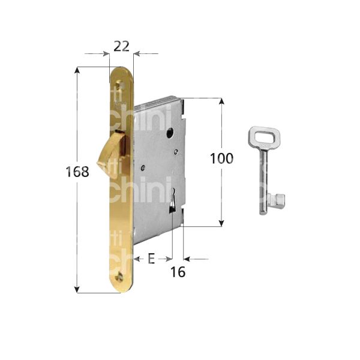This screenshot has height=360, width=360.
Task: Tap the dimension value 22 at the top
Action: (x=121, y=45)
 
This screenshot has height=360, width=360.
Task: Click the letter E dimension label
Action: (x=151, y=259)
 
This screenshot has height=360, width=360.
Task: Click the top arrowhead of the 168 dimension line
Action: (x=77, y=71)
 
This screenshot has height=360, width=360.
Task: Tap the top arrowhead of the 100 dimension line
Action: (x=222, y=101)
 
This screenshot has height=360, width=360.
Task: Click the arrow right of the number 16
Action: (x=187, y=259)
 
